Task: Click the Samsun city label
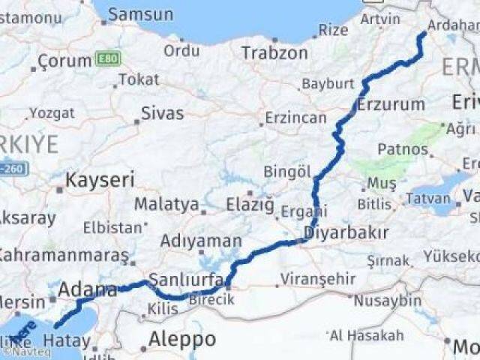pos(140,14)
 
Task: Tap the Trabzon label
pos(274,52)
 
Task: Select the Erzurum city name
pos(391,103)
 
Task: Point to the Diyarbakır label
pos(346,232)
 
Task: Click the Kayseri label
pos(100,180)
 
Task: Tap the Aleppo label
pos(182,339)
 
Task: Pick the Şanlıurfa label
pos(187,280)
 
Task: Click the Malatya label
pos(166,204)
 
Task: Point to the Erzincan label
pos(297,118)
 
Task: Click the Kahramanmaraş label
pos(63,255)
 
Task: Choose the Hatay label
pos(67,341)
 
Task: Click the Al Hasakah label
pos(366,334)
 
